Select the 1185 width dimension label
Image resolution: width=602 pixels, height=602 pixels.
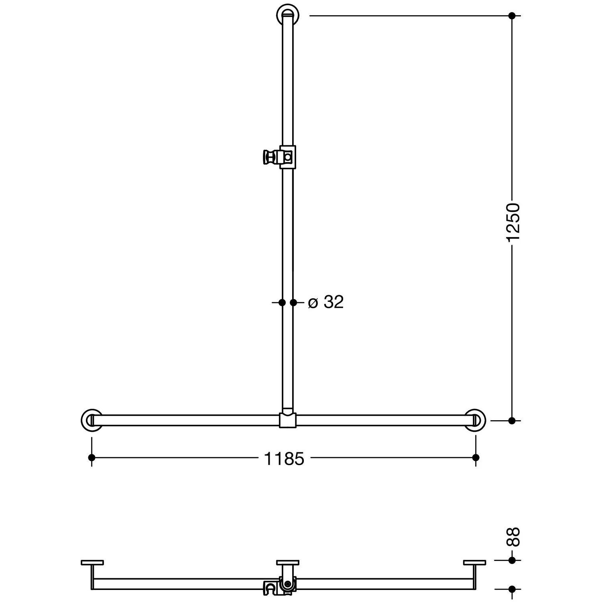point(284,459)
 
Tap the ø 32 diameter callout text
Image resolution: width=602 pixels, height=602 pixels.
point(326,302)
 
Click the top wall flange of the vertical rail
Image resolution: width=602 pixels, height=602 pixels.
point(288,15)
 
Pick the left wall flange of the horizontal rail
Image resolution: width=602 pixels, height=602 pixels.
point(92,421)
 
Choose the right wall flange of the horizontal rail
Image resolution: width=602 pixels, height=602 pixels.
point(476,421)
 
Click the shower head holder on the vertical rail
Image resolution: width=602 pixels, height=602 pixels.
point(279,157)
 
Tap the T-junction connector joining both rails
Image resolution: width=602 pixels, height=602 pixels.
point(288,419)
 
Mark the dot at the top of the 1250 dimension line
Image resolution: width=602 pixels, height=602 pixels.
point(512,16)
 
